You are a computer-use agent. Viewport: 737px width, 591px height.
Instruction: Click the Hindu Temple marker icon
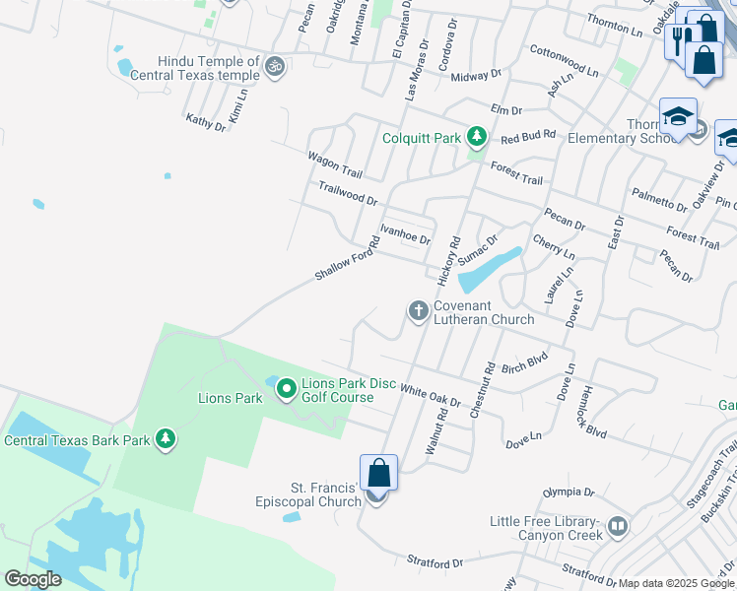[276, 67]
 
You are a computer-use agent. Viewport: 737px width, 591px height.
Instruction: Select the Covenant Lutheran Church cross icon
[418, 311]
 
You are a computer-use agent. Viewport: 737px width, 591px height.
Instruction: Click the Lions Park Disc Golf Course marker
[286, 390]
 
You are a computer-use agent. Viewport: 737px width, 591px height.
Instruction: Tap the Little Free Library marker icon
[617, 526]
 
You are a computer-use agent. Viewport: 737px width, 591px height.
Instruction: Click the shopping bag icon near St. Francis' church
[378, 473]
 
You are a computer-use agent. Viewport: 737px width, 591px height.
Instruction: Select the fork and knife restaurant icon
[680, 39]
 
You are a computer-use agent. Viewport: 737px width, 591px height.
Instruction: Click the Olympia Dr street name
[569, 492]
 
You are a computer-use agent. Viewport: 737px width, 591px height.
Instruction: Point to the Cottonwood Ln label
[564, 60]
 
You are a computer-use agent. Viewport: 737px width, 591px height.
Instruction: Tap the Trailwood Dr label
[348, 193]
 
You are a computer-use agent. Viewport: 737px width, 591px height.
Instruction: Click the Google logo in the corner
[33, 579]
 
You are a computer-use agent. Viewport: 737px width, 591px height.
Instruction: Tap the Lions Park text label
[231, 398]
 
